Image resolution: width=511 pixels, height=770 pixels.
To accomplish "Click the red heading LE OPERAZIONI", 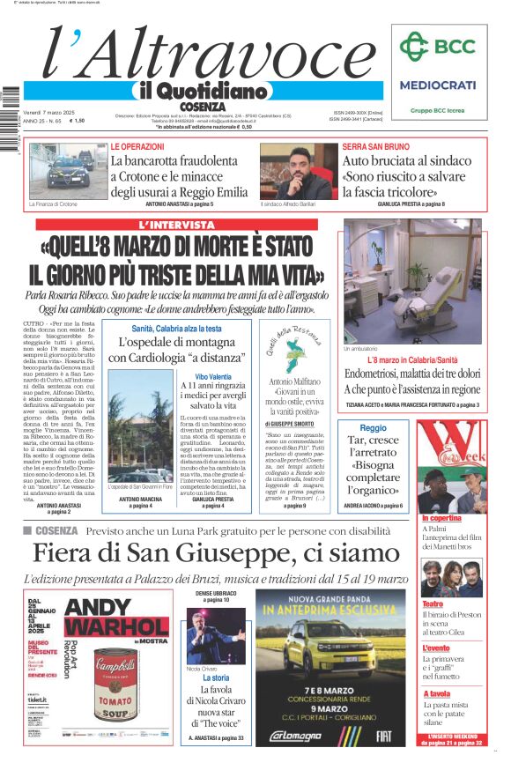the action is [137, 146].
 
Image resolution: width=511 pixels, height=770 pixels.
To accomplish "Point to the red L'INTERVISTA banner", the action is [175, 226].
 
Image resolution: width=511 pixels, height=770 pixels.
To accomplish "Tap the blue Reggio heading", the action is [374, 427].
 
